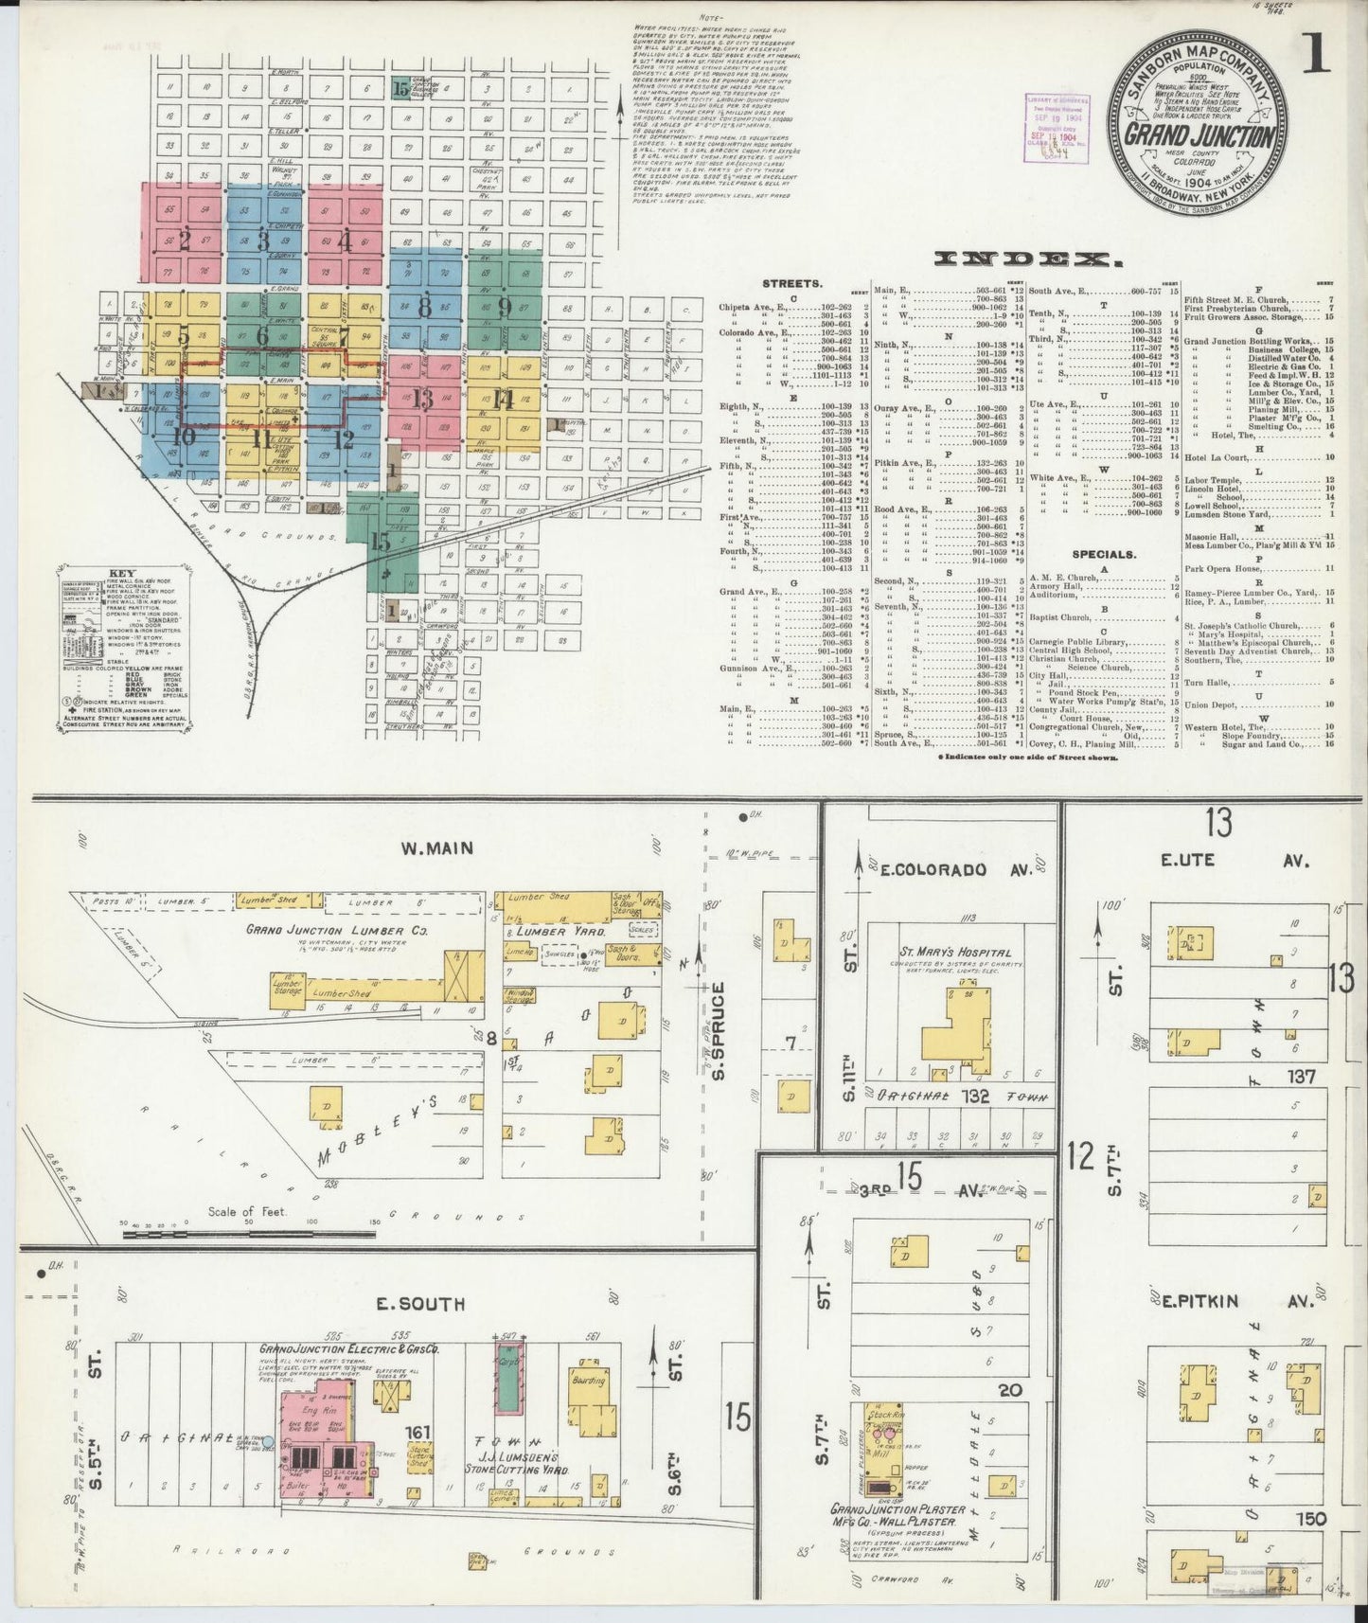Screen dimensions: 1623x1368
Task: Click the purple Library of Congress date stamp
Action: point(1055,128)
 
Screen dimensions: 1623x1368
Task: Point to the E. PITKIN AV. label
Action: point(1236,1301)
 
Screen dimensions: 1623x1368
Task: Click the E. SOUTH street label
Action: point(420,1304)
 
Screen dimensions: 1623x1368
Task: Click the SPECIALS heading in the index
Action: point(1104,554)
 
